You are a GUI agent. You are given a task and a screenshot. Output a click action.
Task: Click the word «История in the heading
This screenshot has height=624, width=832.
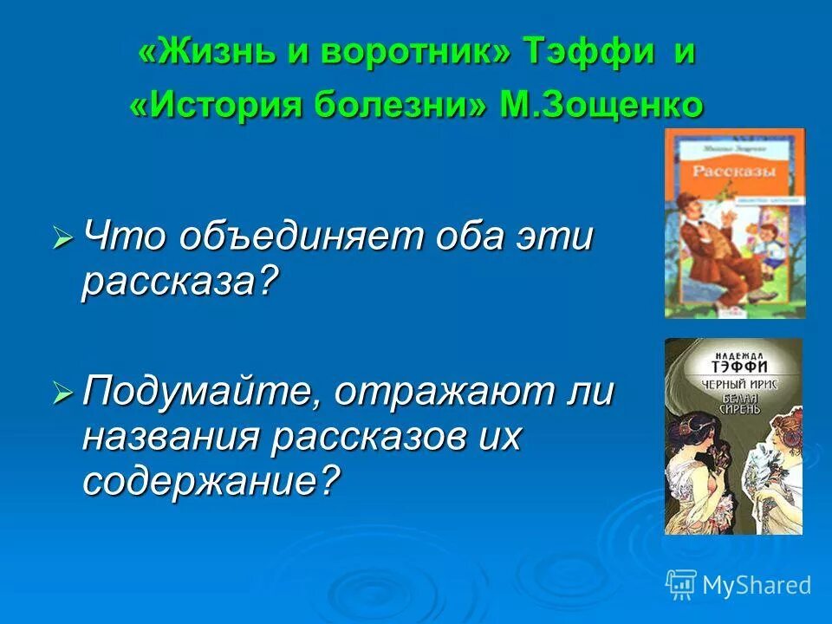coord(224,105)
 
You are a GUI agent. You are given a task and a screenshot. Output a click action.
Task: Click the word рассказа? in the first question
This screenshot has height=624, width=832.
coord(183,282)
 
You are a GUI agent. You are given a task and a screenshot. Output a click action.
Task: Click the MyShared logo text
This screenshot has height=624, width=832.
coord(757,585)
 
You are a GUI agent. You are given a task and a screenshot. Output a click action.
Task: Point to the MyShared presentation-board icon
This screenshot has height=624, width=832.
coord(680,584)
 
